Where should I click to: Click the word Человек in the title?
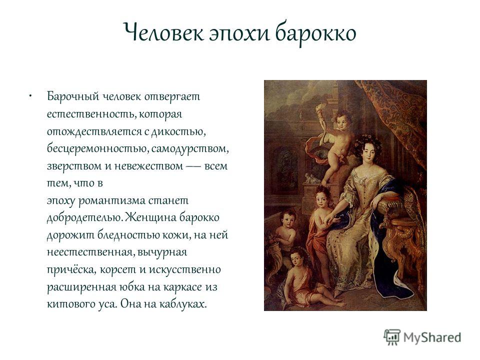[163, 32]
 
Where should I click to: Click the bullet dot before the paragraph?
[30, 96]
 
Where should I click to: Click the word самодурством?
[190, 149]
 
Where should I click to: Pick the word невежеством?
[148, 166]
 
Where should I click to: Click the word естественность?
[91, 114]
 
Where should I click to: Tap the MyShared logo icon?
[392, 337]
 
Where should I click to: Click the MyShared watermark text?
[432, 337]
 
